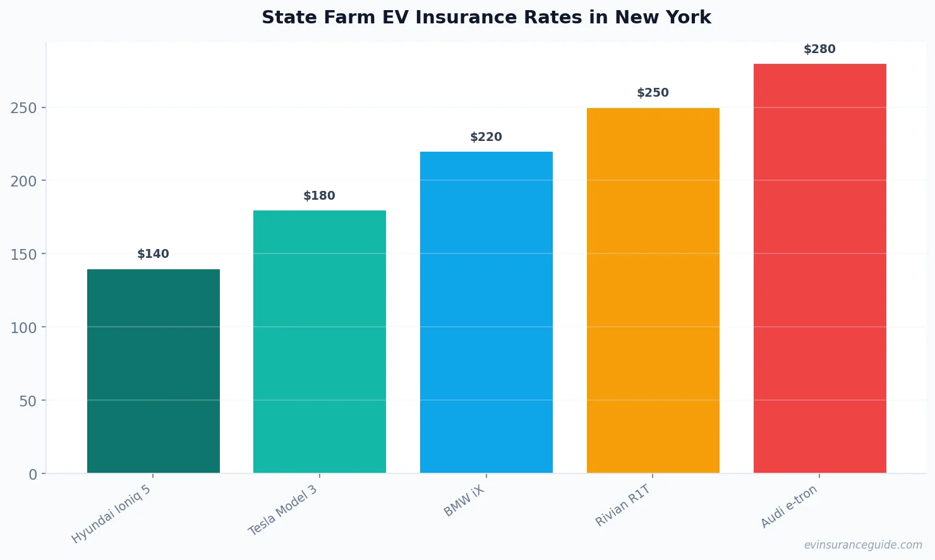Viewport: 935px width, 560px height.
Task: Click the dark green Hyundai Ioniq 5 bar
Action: [154, 371]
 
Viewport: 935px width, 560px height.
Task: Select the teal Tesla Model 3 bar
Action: [320, 341]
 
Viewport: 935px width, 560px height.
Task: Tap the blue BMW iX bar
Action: [486, 312]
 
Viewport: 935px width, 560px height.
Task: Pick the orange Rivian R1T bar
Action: [653, 290]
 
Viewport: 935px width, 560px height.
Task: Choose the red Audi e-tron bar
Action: [819, 268]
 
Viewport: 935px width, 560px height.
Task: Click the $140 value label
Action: [154, 254]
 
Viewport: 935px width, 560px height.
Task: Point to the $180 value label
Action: [320, 196]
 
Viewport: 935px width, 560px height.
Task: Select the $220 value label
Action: [486, 137]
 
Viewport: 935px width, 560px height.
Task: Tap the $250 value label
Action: [653, 93]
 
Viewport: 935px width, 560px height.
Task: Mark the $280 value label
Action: [819, 49]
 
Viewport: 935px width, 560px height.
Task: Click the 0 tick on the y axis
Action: [33, 475]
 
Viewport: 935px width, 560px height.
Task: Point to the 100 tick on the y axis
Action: [23, 328]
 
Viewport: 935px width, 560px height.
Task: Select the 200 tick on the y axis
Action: [23, 181]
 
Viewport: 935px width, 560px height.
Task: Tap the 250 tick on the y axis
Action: [23, 108]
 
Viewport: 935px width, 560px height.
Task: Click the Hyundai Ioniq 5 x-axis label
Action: [112, 514]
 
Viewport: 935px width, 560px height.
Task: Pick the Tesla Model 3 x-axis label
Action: [283, 511]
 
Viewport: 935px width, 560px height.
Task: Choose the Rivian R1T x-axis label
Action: [623, 506]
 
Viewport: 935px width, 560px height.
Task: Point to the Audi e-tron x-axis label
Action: [789, 506]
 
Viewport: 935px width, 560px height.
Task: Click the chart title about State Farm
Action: [486, 18]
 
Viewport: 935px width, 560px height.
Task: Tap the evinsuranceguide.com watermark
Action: [863, 545]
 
